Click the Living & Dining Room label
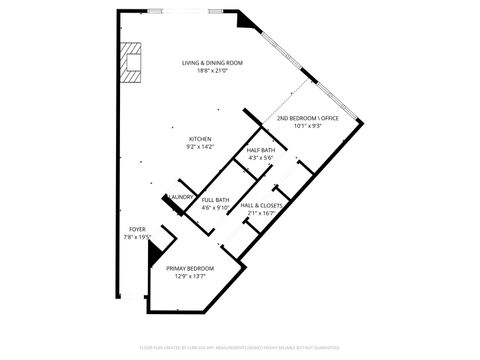point(212,63)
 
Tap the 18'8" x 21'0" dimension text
point(212,71)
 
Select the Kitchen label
point(200,139)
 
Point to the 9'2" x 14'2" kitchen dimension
point(200,147)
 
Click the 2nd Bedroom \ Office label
point(308,118)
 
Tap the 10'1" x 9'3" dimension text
point(308,126)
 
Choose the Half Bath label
point(260,150)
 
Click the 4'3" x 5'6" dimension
point(260,158)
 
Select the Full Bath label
point(215,200)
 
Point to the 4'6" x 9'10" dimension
point(215,208)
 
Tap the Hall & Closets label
point(261,205)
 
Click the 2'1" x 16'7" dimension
point(261,213)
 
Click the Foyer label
point(136,229)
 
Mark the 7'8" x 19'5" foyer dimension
point(136,237)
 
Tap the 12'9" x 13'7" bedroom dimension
point(190,276)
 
